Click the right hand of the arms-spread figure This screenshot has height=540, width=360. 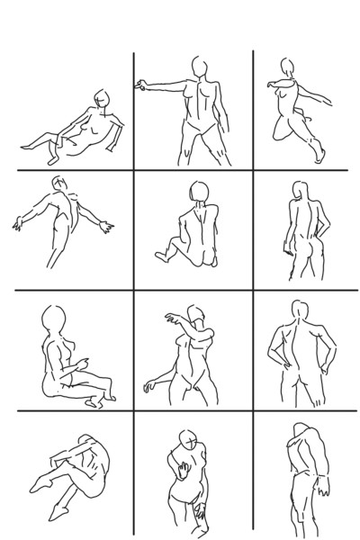tap(109, 223)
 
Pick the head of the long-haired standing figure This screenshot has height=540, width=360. tap(299, 193)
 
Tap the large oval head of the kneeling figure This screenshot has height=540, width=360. tap(52, 320)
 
